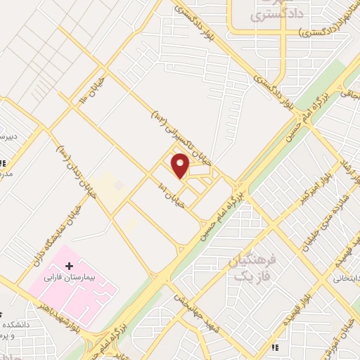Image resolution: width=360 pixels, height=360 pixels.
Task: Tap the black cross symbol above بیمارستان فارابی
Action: (x=69, y=265)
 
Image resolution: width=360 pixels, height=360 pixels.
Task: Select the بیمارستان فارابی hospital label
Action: (x=70, y=277)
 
